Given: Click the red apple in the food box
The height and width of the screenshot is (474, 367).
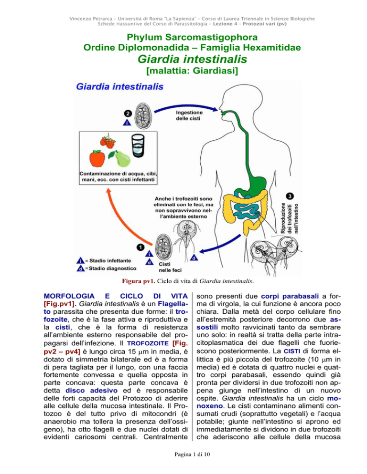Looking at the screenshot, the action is (97, 158).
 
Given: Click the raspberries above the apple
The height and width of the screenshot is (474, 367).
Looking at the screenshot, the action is (108, 142).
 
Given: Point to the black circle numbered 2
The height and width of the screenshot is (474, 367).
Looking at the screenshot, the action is (128, 113).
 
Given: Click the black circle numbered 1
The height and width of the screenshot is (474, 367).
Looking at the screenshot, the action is (140, 247).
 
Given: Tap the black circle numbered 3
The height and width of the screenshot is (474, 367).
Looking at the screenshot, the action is (290, 196).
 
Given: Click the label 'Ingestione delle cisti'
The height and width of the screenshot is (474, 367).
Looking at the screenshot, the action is (189, 115).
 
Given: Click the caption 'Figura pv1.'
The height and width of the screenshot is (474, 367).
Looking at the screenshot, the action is (139, 281).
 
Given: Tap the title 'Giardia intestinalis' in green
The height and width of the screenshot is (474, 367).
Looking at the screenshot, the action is (192, 59).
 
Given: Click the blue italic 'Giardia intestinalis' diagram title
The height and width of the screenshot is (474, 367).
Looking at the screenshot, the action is (120, 87).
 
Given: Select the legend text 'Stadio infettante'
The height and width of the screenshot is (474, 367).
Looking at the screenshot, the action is (110, 260).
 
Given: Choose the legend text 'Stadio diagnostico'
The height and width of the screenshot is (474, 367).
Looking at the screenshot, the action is (112, 268).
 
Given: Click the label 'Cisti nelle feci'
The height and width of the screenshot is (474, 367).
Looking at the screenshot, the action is (170, 267).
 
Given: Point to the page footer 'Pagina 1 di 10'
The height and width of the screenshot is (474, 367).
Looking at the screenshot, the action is (192, 454).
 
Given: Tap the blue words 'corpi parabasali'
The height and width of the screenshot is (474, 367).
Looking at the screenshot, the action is (290, 297).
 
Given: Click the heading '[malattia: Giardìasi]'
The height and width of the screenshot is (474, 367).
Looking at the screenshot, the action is (192, 71).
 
